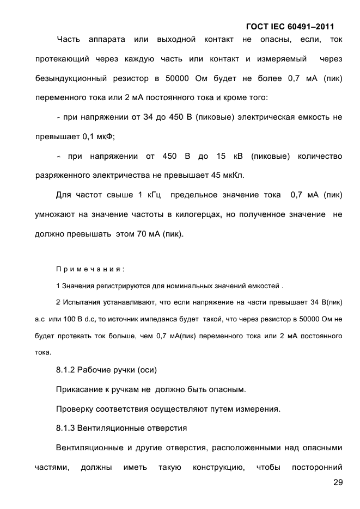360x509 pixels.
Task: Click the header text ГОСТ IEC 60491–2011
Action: (290, 26)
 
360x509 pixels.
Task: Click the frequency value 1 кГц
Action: (149, 195)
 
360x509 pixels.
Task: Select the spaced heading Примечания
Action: (90, 269)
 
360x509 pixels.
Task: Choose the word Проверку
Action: (74, 408)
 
